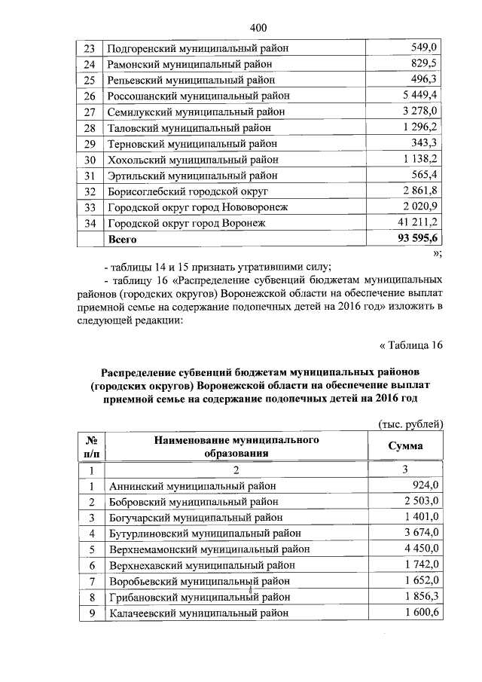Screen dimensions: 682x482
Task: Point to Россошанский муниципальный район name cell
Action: tap(198, 96)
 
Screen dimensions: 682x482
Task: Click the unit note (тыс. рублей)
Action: tap(409, 424)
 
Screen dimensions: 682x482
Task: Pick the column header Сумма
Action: tap(405, 445)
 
